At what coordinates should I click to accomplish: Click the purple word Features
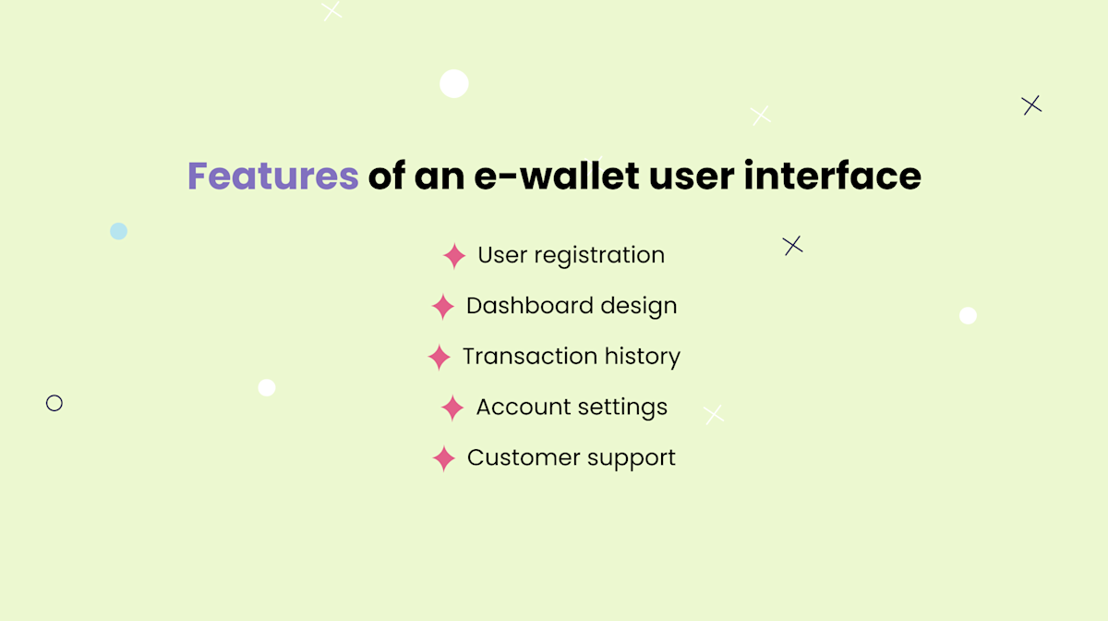(272, 176)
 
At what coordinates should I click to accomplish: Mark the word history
(642, 357)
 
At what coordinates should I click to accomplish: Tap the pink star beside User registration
(454, 256)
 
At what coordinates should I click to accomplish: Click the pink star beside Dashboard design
(443, 307)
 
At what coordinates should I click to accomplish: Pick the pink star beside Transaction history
(440, 357)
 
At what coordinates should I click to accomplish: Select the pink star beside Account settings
(452, 408)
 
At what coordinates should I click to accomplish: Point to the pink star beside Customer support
(444, 458)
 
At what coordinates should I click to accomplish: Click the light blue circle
(118, 231)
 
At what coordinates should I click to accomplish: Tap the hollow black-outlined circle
(54, 403)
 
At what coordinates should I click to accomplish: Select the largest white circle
(453, 83)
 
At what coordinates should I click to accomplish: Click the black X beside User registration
(792, 246)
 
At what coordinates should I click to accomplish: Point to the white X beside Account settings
(714, 415)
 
